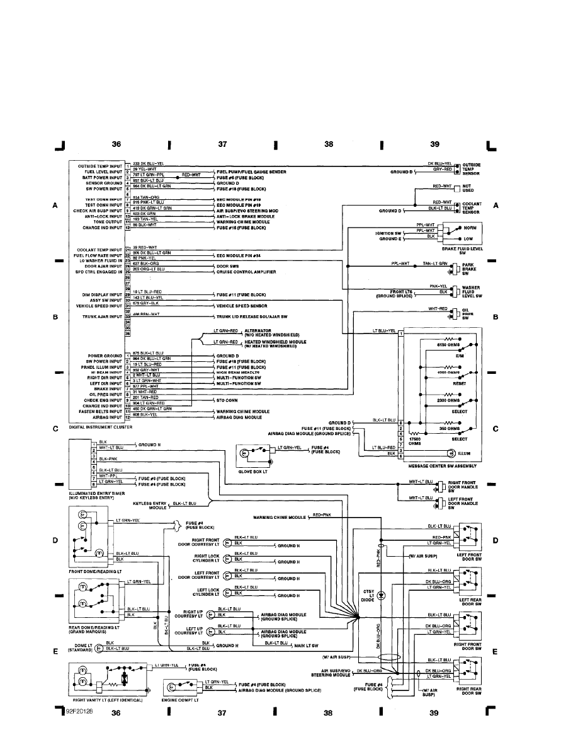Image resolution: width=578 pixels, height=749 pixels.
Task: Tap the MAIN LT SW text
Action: [x=306, y=646]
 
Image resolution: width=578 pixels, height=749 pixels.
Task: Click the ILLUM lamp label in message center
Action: [x=465, y=453]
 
